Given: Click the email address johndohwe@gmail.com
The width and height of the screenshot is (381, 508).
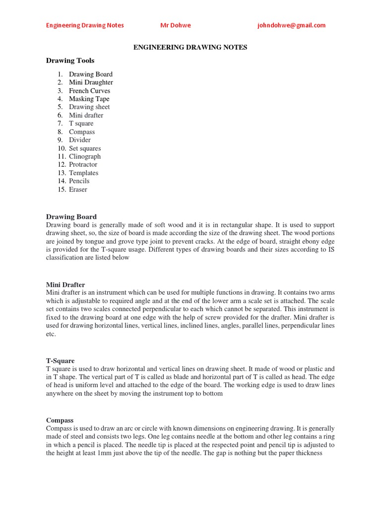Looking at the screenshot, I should [x=291, y=26].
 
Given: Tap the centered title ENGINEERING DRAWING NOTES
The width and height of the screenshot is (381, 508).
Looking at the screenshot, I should [x=190, y=47].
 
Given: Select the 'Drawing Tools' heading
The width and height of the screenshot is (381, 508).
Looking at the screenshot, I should [x=70, y=61].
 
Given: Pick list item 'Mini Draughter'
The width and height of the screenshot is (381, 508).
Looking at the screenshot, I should [x=91, y=82].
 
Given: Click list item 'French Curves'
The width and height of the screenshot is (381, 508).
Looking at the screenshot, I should [x=89, y=91].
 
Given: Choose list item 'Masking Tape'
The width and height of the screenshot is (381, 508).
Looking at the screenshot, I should [x=89, y=99].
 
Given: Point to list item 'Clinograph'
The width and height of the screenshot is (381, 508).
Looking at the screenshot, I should [x=85, y=156].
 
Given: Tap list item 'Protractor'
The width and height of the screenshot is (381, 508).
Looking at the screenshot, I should [x=83, y=165].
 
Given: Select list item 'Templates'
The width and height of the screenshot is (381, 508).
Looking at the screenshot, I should [x=84, y=173].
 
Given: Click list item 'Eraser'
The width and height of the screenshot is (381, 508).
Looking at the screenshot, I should [x=78, y=189].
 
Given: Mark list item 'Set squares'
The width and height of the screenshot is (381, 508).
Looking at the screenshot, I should [x=85, y=148].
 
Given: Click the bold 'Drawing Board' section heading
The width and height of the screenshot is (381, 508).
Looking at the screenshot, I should [x=71, y=217].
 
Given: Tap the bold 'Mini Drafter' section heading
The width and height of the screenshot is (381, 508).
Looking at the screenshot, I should [x=65, y=285].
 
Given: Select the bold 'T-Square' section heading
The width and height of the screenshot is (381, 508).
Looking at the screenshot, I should [x=61, y=361].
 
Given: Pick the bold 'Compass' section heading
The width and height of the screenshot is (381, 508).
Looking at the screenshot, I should [x=60, y=420].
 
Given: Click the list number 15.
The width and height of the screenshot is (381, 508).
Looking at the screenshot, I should [x=62, y=189].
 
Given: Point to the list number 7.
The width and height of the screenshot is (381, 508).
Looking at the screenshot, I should [x=60, y=124].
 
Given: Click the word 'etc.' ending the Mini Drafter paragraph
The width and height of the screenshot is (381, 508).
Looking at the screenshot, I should [x=51, y=334].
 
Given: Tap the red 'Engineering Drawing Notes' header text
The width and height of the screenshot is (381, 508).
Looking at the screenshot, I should [x=85, y=26].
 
